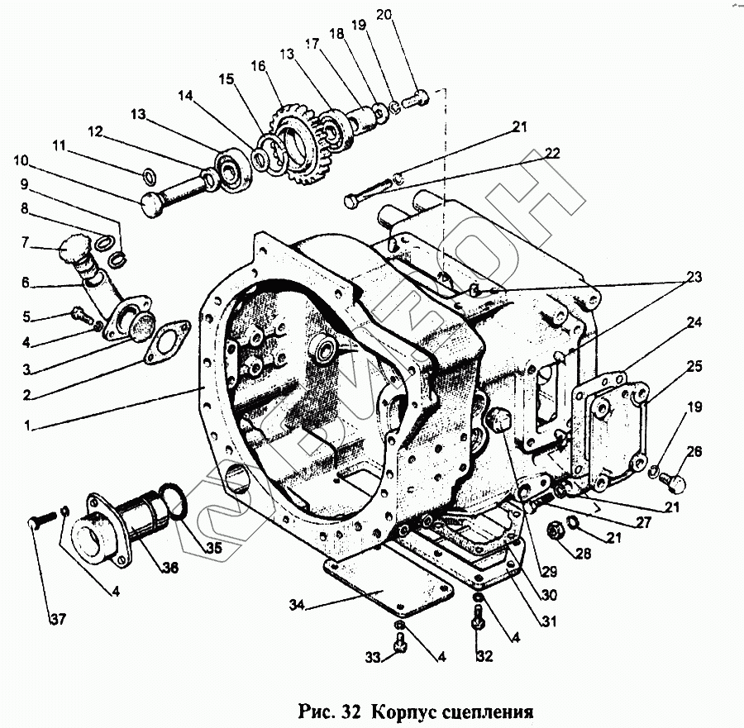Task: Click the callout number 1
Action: point(28,426)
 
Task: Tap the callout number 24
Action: point(693,321)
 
